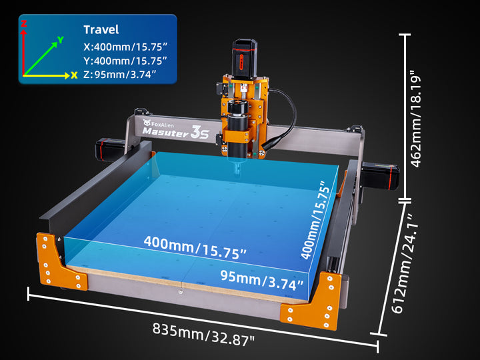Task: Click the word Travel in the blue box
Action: coord(101,30)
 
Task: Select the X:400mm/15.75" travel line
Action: coord(125,47)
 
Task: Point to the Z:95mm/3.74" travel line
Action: coord(120,75)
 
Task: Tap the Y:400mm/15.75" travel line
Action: coord(125,61)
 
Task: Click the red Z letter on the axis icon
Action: coord(24,23)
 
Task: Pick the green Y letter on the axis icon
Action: coord(61,40)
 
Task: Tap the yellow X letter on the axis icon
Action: coord(74,75)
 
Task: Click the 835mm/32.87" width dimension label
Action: coord(203,334)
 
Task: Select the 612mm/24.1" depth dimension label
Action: coord(405,263)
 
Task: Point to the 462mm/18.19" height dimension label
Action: coord(415,119)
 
